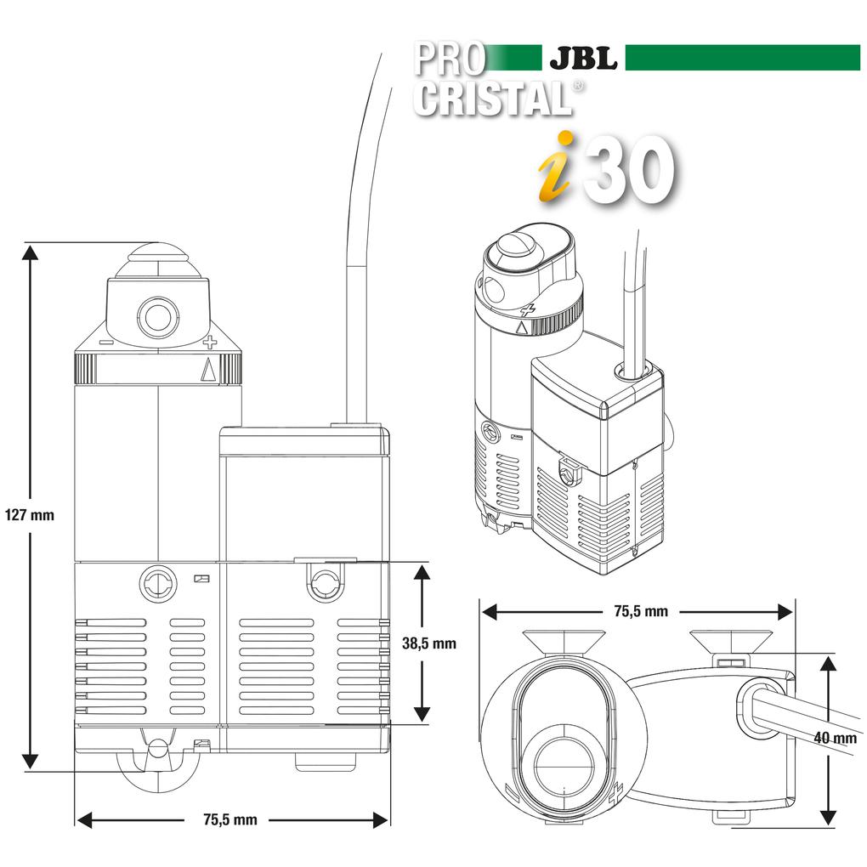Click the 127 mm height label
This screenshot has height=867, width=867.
(29, 514)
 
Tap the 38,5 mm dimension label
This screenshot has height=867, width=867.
(428, 643)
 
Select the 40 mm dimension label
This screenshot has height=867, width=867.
(834, 738)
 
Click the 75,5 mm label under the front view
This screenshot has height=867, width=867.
(229, 819)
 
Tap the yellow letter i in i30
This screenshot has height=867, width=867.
(555, 168)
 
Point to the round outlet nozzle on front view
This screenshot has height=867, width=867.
(157, 318)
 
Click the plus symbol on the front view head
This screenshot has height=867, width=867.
(210, 343)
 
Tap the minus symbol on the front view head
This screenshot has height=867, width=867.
(105, 343)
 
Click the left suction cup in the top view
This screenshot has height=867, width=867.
(564, 642)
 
